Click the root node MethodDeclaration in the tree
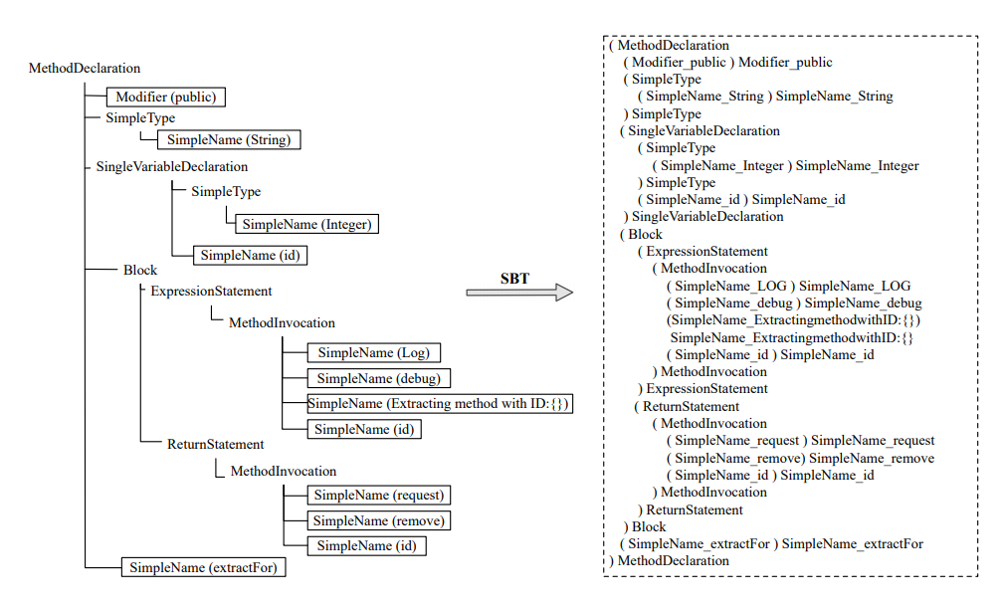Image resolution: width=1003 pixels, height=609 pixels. (x=85, y=69)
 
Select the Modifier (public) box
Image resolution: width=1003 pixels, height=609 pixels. (x=165, y=97)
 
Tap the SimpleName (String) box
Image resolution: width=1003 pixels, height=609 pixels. (x=229, y=140)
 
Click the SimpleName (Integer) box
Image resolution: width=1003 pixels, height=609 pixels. (x=306, y=225)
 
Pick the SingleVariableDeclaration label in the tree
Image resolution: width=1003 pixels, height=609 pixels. (x=171, y=166)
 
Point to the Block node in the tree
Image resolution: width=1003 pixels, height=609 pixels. (x=140, y=270)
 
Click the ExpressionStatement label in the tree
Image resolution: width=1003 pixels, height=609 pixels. (x=211, y=292)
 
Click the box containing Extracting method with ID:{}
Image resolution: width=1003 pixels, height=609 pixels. (x=441, y=404)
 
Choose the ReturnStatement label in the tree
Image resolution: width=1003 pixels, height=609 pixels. (x=215, y=444)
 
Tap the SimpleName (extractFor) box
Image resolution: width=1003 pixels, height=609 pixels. (x=202, y=568)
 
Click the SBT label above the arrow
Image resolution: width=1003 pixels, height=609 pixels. (x=514, y=278)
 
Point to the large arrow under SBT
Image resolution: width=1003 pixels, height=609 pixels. (x=519, y=293)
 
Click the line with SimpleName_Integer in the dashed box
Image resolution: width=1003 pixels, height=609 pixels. (x=786, y=165)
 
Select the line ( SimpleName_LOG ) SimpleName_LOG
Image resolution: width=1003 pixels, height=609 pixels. (x=789, y=286)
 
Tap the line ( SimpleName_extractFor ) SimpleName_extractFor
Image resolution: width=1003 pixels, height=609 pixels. (x=771, y=543)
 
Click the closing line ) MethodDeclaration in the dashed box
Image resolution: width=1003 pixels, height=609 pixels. (x=669, y=561)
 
